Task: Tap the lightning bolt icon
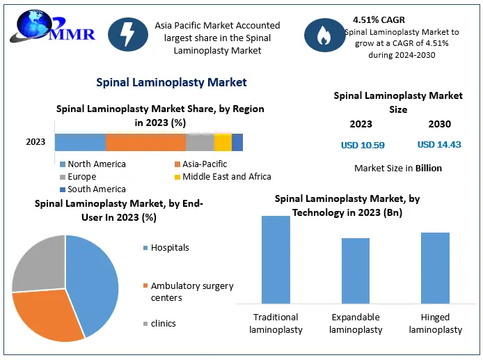point(127,36)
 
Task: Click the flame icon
point(324,36)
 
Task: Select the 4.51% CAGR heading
point(379,19)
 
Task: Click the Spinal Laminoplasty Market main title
point(171,82)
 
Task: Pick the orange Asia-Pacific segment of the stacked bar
point(145,142)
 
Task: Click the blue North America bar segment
point(80,142)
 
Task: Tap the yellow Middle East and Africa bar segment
point(223,142)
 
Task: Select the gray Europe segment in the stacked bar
point(200,142)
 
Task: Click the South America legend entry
point(96,189)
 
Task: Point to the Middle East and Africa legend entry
point(226,176)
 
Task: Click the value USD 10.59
point(363,145)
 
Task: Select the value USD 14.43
point(439,145)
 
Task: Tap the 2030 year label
point(439,124)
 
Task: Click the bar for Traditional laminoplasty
point(276,259)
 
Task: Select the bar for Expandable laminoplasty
point(356,270)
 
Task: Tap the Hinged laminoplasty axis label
point(435,323)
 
